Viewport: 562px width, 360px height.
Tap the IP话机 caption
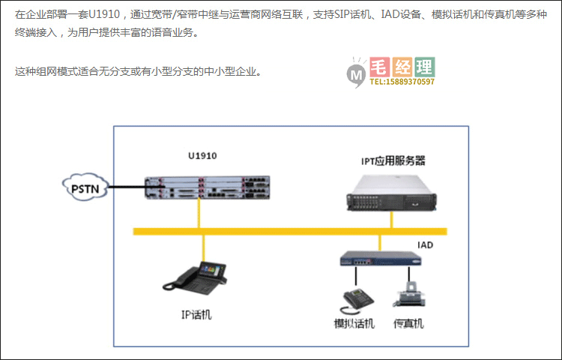point(196,314)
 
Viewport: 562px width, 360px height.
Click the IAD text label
point(425,245)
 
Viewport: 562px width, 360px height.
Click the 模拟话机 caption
point(353,323)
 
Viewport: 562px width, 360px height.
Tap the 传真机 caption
point(408,323)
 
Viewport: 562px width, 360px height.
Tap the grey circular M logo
point(356,73)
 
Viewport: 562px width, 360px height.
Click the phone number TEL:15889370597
point(402,82)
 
